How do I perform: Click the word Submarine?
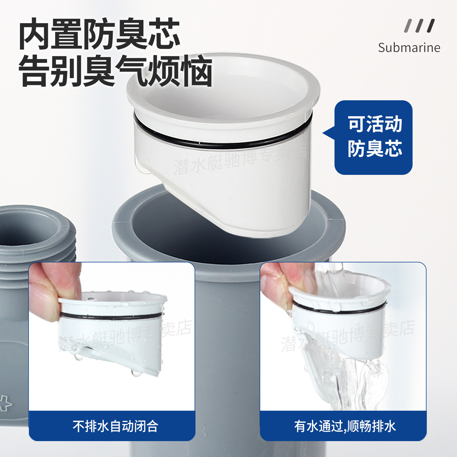[409, 48]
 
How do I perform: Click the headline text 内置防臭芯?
[99, 34]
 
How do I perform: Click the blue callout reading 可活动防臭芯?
[374, 137]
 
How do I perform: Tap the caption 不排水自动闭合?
[115, 426]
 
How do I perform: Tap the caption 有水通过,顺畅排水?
[345, 426]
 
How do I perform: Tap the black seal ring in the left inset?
[111, 316]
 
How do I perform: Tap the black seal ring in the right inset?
[340, 309]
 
